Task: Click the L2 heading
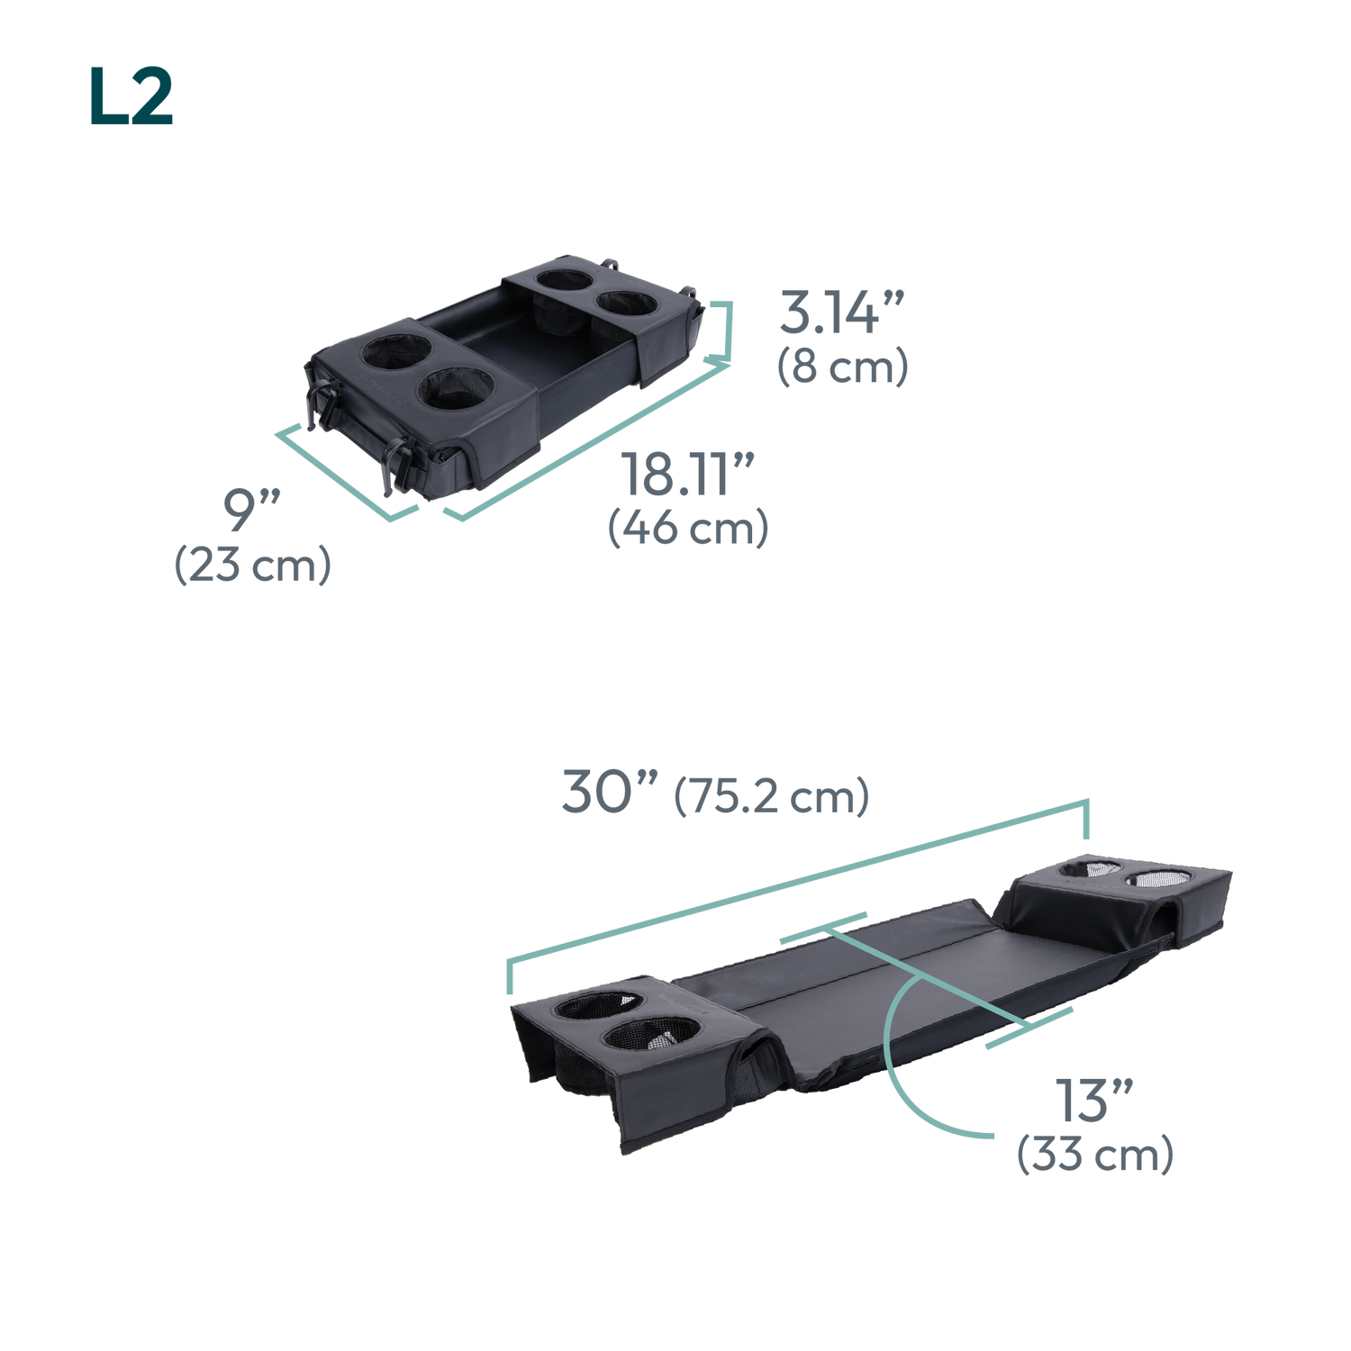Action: (131, 96)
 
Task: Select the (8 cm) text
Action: (842, 367)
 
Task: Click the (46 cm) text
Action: (688, 528)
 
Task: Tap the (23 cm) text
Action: (252, 565)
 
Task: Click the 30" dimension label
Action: (610, 792)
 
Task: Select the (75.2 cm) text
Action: (772, 796)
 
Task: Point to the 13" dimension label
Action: (1094, 1100)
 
